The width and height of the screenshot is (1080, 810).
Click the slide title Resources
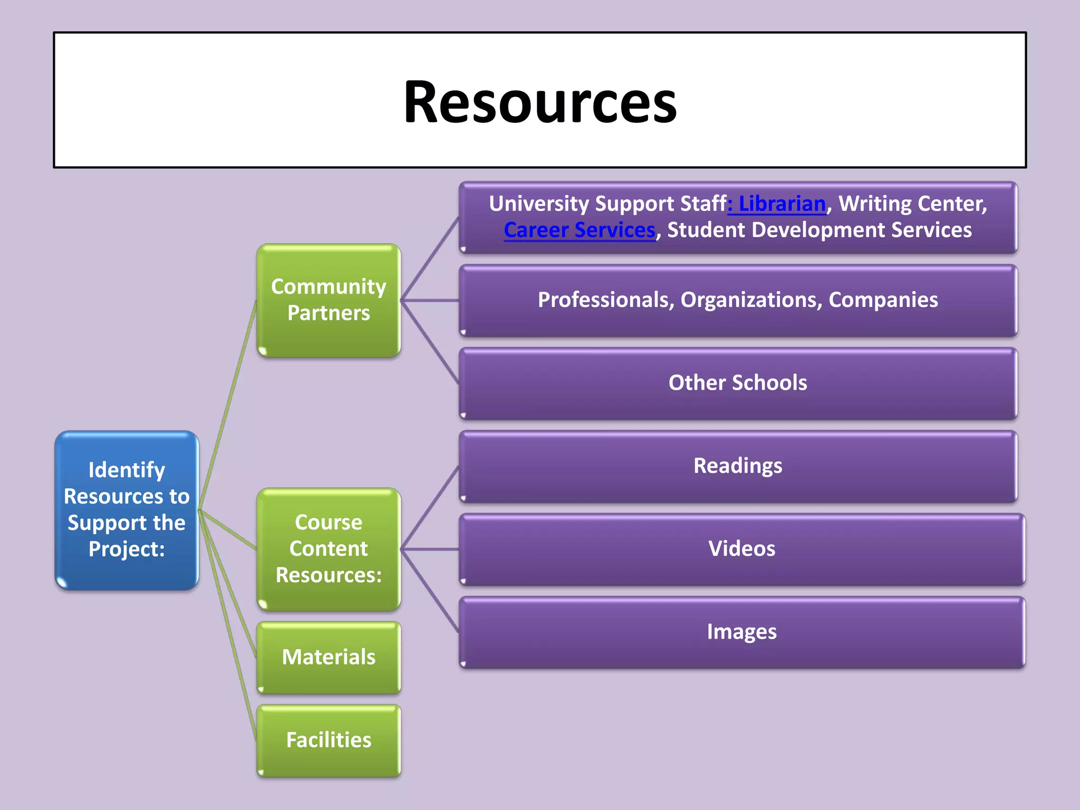pos(539,101)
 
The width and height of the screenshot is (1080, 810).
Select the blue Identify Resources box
pos(127,509)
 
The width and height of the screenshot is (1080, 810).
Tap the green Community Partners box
pos(329,300)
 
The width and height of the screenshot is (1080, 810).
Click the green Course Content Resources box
pos(329,548)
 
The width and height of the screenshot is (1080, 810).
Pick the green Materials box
pos(329,657)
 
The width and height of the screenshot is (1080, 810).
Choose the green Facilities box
pos(329,740)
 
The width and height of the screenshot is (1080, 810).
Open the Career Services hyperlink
pos(579,230)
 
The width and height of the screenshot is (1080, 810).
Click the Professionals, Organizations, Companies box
pos(737,300)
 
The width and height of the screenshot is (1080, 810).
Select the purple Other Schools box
pos(737,383)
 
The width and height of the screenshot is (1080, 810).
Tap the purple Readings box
pos(737,466)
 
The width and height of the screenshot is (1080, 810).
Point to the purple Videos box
pos(741,548)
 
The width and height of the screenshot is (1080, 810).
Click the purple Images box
pos(741,632)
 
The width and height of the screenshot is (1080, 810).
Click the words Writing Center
pos(912,204)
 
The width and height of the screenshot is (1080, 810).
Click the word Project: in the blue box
pos(127,549)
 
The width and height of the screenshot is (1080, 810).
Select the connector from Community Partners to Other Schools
pos(430,342)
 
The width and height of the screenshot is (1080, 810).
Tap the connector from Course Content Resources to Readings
pos(430,508)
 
